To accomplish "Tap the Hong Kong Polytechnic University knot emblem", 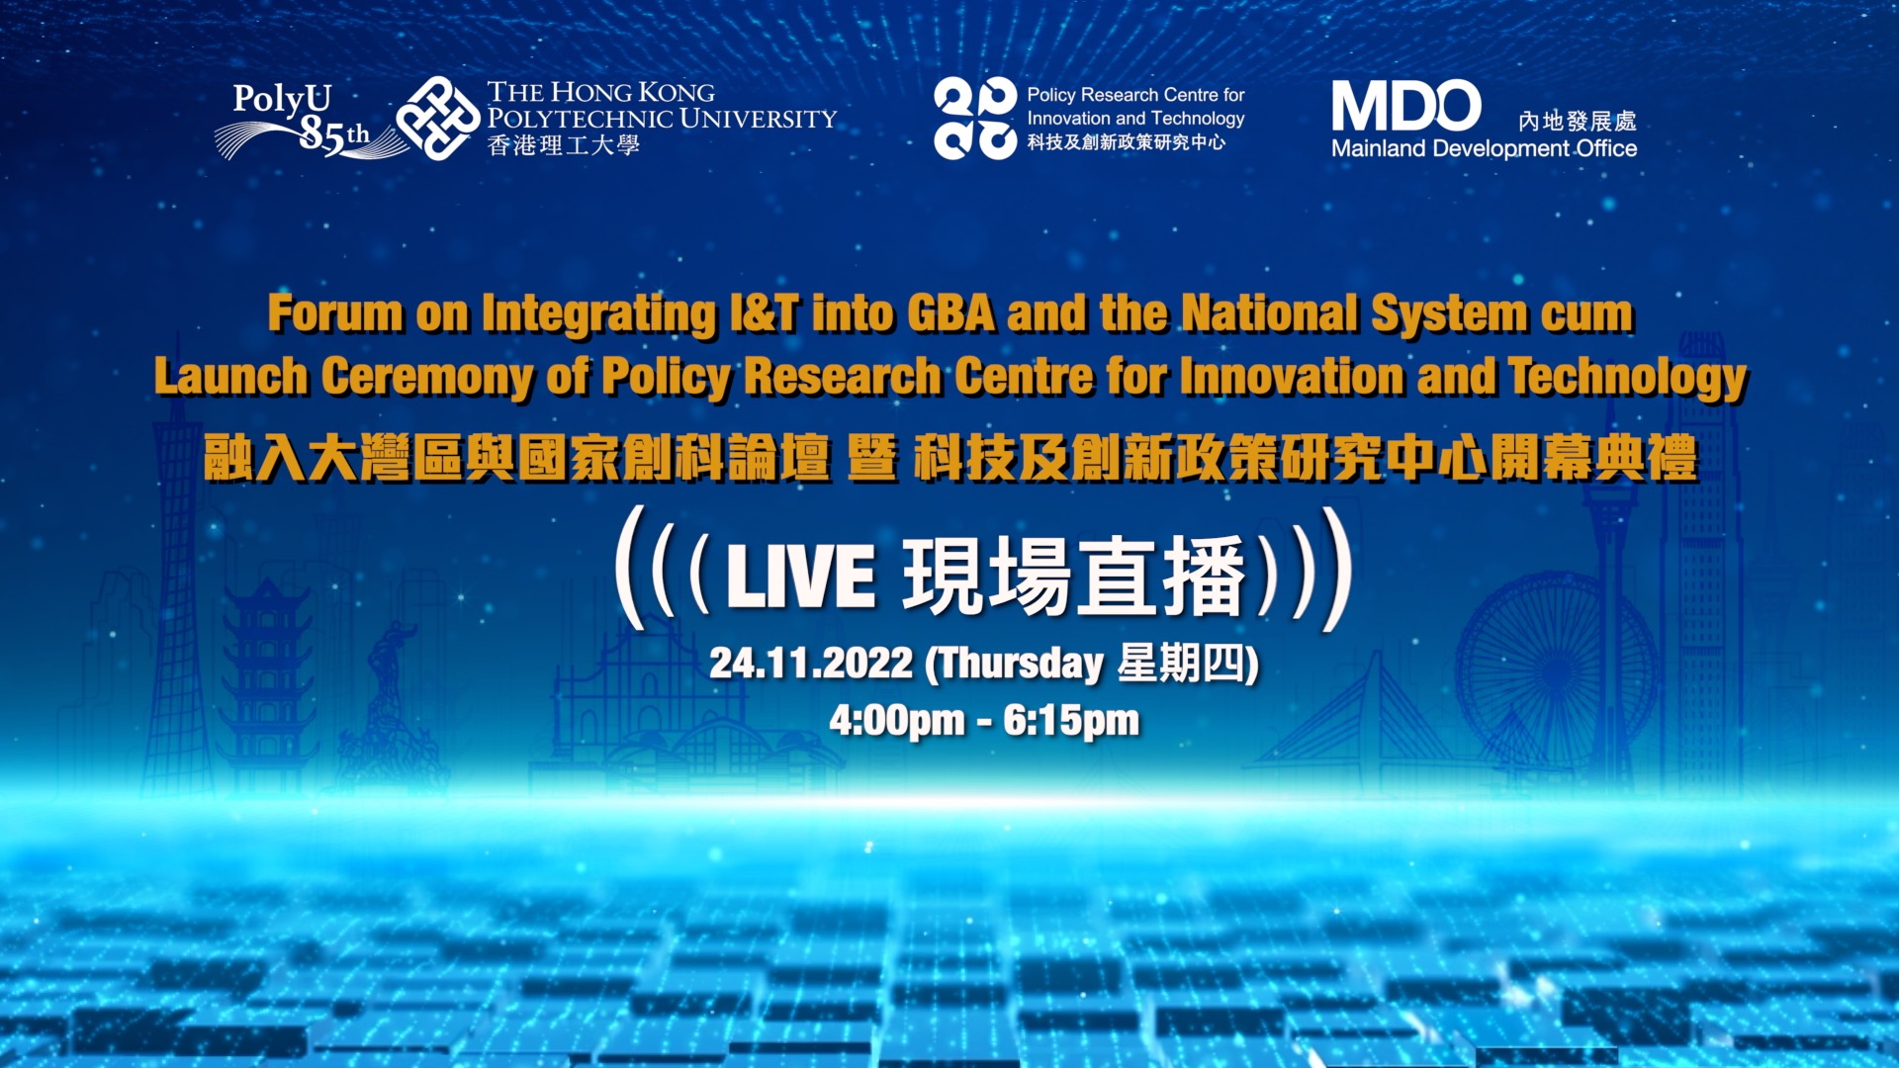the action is point(438,119).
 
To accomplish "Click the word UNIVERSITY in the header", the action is point(758,119).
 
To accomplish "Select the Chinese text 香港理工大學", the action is point(564,145).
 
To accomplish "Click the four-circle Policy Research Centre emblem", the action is point(975,119).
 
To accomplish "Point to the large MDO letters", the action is point(1405,106).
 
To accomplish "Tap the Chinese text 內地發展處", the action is point(1578,121).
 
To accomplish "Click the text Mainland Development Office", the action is point(1484,149).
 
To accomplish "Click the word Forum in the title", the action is point(335,313).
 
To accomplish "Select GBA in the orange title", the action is point(950,313).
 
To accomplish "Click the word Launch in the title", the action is point(231,377).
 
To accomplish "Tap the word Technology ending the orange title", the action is point(1628,379).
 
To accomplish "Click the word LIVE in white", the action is point(801,577).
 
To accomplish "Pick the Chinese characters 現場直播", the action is point(1074,576).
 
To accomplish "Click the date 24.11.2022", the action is point(811,663).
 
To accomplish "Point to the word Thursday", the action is point(1021,664).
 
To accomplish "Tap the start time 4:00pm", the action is point(897,721).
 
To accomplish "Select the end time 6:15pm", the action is point(1071,721).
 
